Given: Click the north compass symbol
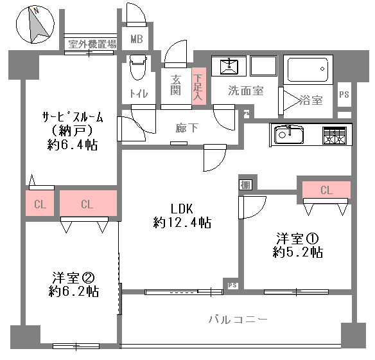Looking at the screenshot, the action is click(x=35, y=25).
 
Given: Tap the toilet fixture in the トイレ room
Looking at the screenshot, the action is click(x=138, y=67).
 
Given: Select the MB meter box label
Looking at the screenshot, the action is click(x=137, y=39).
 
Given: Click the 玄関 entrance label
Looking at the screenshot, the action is click(x=176, y=85).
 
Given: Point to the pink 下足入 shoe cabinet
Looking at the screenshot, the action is click(x=199, y=86).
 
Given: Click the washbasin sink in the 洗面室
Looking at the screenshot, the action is click(x=229, y=66).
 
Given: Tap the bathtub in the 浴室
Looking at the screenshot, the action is click(x=308, y=69).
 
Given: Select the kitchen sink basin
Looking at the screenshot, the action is click(x=289, y=135).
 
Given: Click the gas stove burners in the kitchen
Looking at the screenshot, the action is click(x=335, y=136).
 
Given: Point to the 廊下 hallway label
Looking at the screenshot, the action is click(x=187, y=128).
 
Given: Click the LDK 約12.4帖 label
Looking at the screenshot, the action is click(x=182, y=215).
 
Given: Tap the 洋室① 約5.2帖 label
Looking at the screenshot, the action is click(x=297, y=245).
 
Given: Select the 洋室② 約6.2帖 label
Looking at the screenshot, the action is click(x=73, y=284).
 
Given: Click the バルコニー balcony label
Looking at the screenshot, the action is click(x=238, y=319).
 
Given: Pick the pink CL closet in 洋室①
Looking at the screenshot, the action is click(x=326, y=190).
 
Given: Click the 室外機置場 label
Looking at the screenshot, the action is click(x=92, y=44).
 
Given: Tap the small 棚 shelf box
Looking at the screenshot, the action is click(x=245, y=184).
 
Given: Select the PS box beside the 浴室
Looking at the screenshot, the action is click(x=344, y=94).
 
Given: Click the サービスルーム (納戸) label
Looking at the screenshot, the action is click(x=73, y=131).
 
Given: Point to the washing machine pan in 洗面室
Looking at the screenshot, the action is click(x=263, y=66).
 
